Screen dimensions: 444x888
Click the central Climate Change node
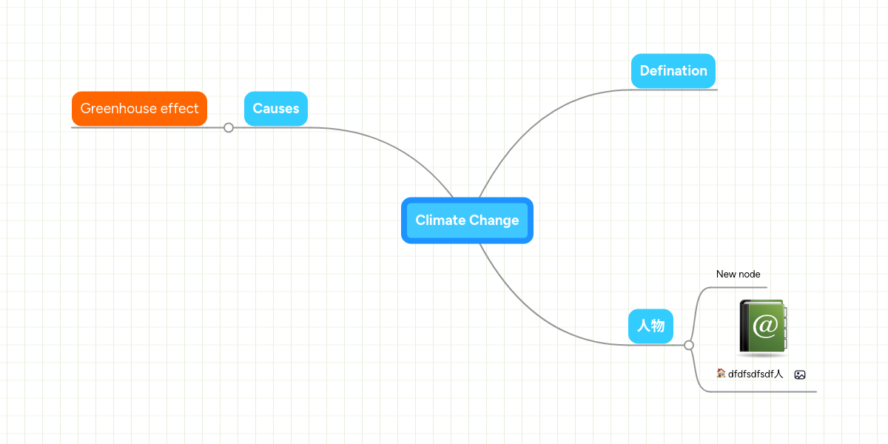tap(467, 221)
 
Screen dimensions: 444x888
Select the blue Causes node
tap(276, 109)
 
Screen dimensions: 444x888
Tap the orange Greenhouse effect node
tap(139, 109)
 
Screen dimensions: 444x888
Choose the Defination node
tap(673, 71)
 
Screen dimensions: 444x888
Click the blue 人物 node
tap(650, 326)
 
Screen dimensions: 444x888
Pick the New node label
tap(738, 275)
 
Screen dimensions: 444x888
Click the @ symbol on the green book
tap(765, 325)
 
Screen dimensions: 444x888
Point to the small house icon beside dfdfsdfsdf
tap(721, 373)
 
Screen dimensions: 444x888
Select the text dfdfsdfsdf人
tap(756, 374)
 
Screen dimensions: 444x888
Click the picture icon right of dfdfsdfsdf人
tap(800, 375)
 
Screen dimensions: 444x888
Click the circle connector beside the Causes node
tap(229, 127)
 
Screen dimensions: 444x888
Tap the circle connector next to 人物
tap(689, 345)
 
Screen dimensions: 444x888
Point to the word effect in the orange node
tap(180, 109)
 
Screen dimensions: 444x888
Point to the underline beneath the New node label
tap(740, 287)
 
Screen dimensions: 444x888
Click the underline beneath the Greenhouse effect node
tap(141, 127)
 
